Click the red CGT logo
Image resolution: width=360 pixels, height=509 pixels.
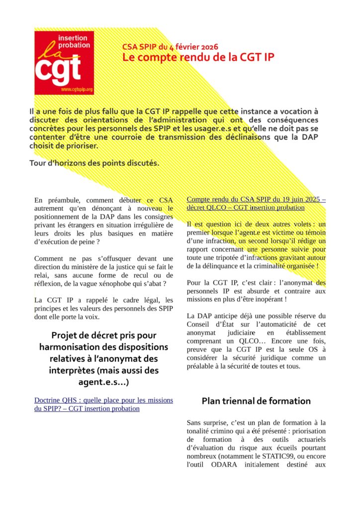pyautogui.click(x=64, y=63)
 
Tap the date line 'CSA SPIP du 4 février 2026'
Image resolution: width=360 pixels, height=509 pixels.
pyautogui.click(x=170, y=47)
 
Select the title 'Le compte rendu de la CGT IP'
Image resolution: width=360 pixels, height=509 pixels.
pyautogui.click(x=198, y=57)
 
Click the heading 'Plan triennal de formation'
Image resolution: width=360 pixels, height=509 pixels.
pyautogui.click(x=256, y=401)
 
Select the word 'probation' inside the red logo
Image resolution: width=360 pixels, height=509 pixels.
pyautogui.click(x=74, y=45)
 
